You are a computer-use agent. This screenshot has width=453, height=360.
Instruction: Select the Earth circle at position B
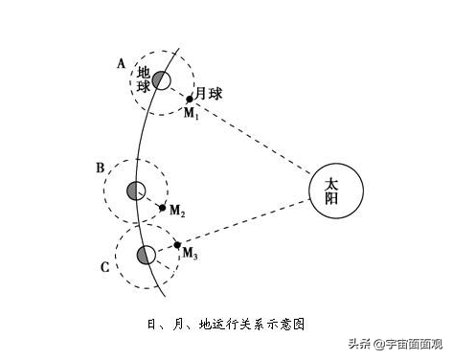135,191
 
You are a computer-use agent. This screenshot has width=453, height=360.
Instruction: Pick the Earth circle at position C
146,255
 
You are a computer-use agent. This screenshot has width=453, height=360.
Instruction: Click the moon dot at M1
190,98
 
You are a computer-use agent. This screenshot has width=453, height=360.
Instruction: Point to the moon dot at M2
162,207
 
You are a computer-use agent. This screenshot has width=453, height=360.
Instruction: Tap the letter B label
100,169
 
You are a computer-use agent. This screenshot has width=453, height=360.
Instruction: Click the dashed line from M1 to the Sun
259,140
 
